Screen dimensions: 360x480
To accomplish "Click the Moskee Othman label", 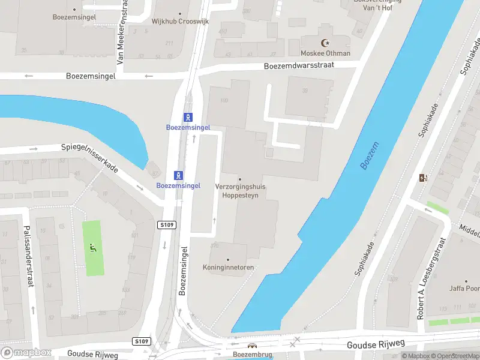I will [x=326, y=53].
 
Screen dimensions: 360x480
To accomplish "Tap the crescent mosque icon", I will [x=326, y=43].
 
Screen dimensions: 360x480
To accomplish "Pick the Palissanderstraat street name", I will [x=28, y=257].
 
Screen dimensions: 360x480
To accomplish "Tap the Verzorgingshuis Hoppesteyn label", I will [x=240, y=191].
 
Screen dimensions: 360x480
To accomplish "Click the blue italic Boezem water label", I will [x=368, y=156].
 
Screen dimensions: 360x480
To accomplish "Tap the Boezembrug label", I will [x=252, y=355].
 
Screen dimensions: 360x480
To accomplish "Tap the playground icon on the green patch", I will [x=92, y=247].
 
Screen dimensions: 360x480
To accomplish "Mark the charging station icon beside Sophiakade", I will [x=424, y=178].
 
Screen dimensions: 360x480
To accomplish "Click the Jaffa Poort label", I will [x=466, y=288].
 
